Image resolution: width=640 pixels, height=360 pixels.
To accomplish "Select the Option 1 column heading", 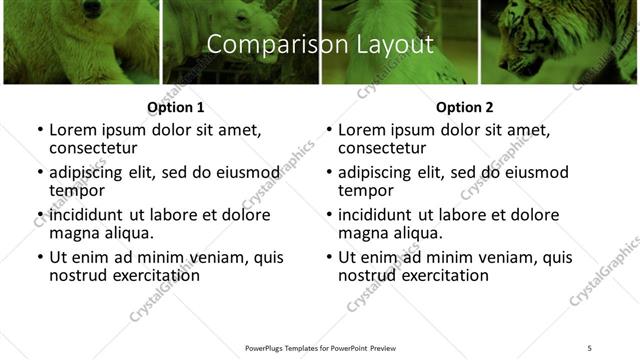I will tap(175, 106).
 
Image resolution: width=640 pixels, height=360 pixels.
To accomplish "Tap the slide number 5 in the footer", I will tap(589, 348).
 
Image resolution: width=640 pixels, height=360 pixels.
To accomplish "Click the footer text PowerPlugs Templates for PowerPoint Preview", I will tap(320, 348).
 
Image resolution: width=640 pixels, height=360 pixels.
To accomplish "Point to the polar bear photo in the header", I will tap(80, 40).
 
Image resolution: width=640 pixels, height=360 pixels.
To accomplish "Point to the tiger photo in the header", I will tap(560, 40).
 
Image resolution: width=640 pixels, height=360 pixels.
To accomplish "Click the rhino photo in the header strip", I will tap(240, 40).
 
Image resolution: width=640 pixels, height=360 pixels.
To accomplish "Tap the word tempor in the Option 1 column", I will tap(77, 190).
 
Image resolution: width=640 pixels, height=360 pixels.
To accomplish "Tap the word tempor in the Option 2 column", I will tap(366, 190).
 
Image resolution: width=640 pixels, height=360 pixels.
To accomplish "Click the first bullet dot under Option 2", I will tap(328, 131).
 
